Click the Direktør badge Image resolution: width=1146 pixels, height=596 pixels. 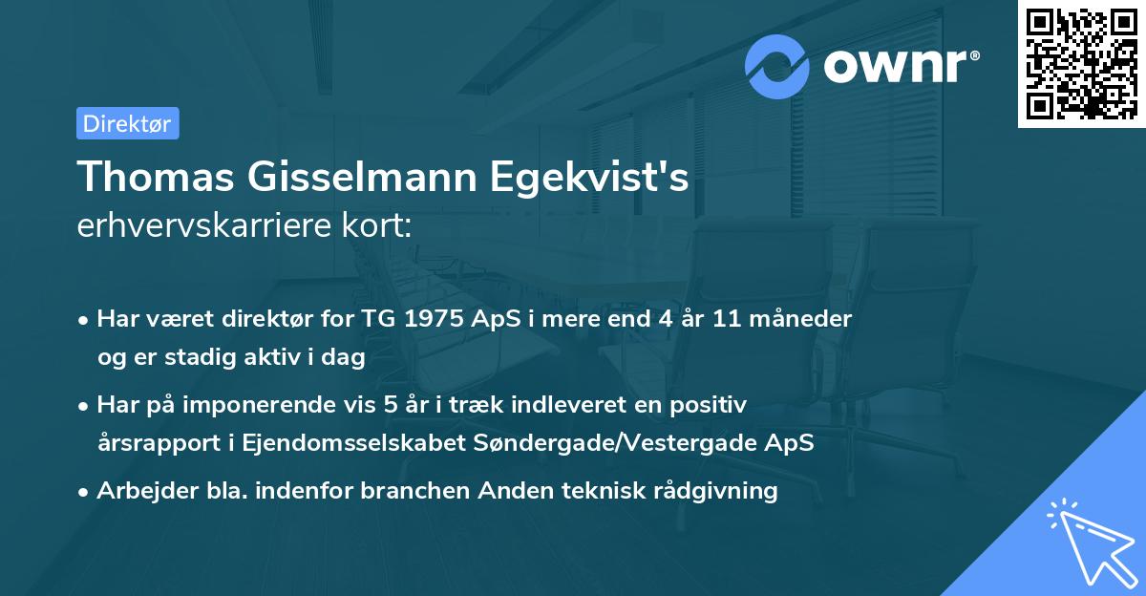(x=127, y=123)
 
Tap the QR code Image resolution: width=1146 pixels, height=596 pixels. (x=1081, y=64)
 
